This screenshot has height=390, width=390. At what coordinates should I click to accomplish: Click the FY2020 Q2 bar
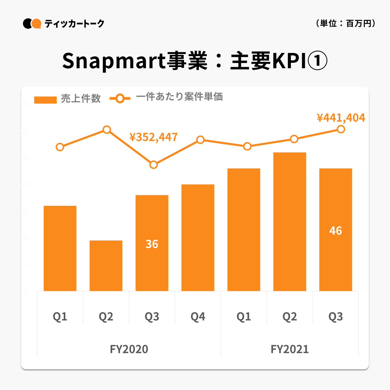point(106,266)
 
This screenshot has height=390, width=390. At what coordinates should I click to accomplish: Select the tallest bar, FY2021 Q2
point(290,222)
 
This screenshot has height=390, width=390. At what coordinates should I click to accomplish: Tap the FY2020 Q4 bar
point(198,238)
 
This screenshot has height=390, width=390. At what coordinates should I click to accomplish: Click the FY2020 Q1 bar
point(60,248)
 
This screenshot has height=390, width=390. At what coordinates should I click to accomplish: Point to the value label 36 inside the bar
point(152,244)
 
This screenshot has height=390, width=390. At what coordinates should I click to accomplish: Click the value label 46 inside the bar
point(336,231)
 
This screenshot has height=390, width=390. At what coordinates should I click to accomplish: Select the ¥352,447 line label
point(153,137)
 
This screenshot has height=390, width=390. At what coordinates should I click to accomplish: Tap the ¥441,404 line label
point(341,118)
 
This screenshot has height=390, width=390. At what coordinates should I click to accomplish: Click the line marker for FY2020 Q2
point(107,130)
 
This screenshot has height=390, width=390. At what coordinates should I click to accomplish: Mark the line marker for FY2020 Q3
point(154,165)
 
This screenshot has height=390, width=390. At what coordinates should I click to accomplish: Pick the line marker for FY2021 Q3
point(341,129)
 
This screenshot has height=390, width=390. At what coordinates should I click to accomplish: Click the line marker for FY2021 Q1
point(247,146)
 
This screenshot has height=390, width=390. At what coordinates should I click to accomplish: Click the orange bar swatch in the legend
point(45,100)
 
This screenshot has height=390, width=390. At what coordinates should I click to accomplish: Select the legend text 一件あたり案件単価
point(180,97)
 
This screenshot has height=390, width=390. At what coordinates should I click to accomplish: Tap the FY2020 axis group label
point(129,349)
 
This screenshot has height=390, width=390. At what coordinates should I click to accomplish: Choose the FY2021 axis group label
point(290,349)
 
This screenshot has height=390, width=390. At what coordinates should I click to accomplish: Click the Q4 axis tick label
point(198,317)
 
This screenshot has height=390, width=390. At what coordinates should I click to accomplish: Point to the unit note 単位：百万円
point(346,23)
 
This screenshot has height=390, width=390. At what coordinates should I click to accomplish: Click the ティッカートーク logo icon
point(32,24)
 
